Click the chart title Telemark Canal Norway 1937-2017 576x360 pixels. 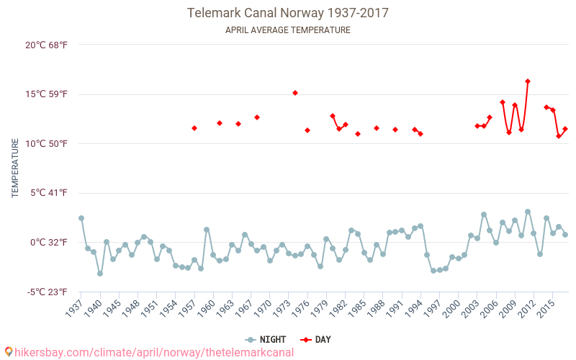pos(288,13)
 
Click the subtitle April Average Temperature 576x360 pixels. pos(288,30)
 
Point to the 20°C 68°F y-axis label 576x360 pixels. pos(47,45)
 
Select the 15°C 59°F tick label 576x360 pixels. pos(47,94)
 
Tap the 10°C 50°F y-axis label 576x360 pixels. pos(47,143)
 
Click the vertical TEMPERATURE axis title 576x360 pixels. pos(15,168)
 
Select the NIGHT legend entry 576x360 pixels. pos(265,339)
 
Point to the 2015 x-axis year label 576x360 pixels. pos(547,308)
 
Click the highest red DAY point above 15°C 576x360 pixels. pos(528,81)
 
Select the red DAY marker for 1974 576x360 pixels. pos(295,93)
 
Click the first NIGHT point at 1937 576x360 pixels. pos(81,218)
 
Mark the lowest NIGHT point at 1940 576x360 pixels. pos(100,274)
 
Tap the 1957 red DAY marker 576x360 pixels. pos(194,128)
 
